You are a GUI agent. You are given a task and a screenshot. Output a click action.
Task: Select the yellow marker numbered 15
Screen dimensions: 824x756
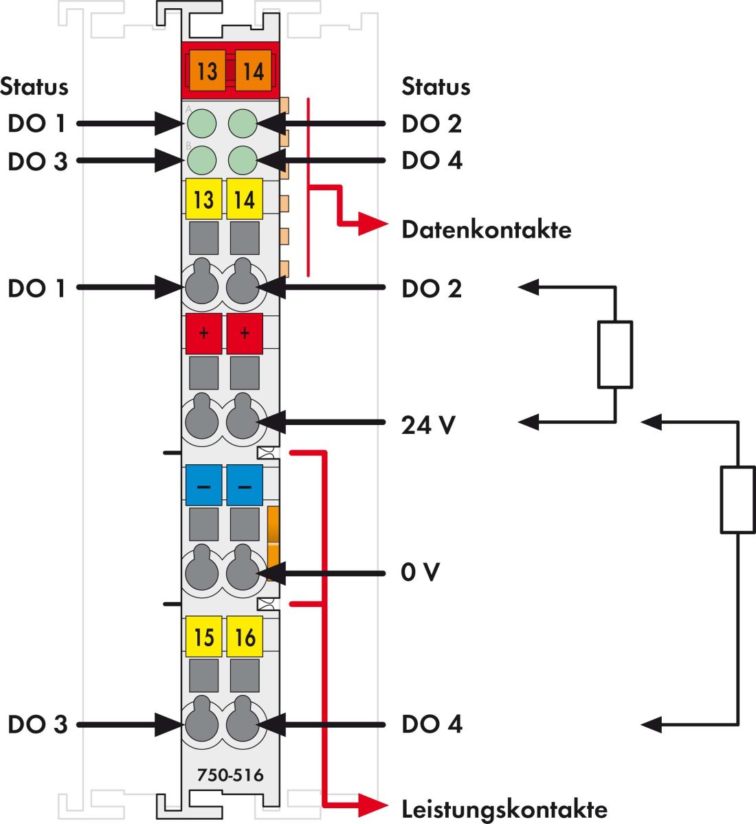point(203,637)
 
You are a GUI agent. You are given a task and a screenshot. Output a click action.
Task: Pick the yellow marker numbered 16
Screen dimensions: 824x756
point(245,637)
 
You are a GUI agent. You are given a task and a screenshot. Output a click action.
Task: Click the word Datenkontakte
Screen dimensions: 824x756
point(486,229)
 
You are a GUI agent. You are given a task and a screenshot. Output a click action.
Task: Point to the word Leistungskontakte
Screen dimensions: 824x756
point(504,809)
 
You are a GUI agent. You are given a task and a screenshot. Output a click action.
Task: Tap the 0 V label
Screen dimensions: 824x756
point(420,572)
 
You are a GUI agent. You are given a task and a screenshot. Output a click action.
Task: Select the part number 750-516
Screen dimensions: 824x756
point(230,775)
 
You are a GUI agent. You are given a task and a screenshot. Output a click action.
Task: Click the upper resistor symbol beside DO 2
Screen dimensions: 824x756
point(615,354)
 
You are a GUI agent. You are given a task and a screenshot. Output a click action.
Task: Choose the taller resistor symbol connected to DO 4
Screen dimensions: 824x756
point(737,499)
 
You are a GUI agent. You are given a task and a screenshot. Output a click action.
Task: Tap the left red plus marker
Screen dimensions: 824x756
point(203,334)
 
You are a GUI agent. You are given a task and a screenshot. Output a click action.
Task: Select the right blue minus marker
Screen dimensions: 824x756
point(245,485)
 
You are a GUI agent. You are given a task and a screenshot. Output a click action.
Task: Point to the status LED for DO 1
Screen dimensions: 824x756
point(202,124)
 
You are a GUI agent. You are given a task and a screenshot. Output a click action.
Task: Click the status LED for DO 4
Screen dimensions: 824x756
point(243,161)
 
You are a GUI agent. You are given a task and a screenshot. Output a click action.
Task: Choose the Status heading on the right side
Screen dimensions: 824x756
point(436,87)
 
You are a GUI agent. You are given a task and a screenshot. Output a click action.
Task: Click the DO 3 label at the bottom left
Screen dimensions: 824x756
point(37,724)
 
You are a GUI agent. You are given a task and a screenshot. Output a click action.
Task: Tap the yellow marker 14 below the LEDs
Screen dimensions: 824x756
point(245,200)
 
